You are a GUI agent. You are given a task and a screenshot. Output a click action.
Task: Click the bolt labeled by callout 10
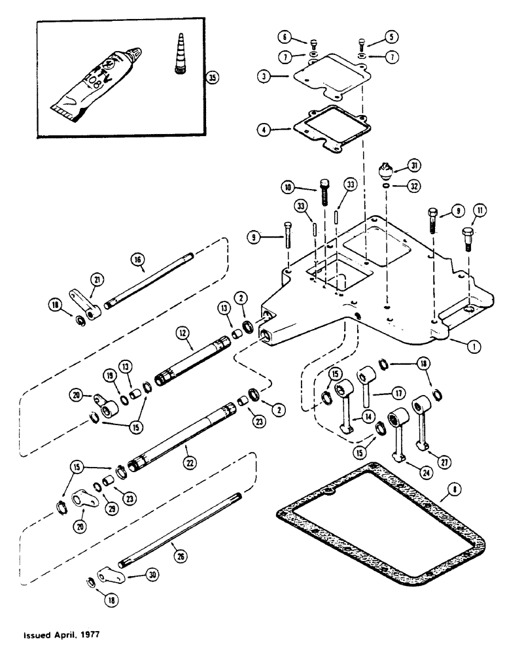[326, 190]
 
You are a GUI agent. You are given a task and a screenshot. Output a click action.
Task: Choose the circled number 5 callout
[392, 37]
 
